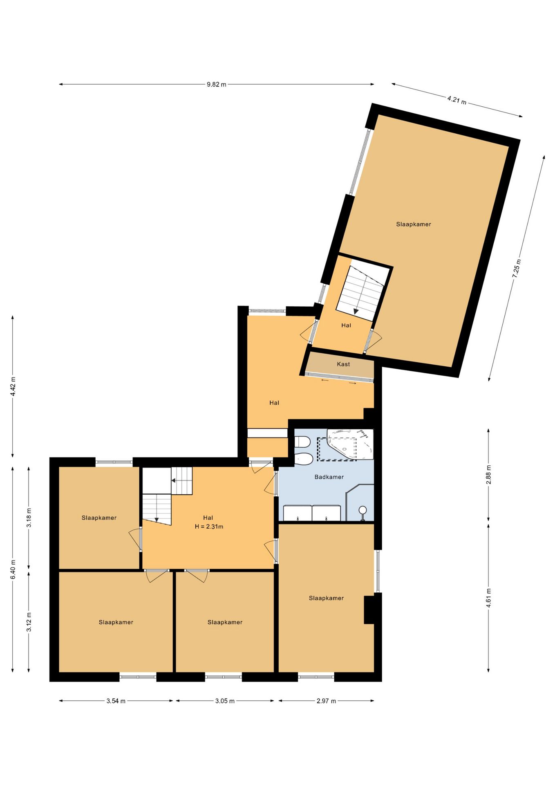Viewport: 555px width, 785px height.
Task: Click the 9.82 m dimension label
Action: [x=216, y=85]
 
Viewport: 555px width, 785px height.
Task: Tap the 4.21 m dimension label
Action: [x=457, y=100]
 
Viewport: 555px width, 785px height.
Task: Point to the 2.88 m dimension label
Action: [x=488, y=475]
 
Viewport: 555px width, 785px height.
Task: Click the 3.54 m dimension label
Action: [x=116, y=701]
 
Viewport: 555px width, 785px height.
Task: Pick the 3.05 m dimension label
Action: [x=225, y=701]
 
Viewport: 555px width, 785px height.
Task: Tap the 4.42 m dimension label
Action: [x=13, y=386]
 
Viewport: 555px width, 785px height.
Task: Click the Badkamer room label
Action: [x=329, y=477]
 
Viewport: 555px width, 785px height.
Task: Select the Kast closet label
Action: [x=343, y=364]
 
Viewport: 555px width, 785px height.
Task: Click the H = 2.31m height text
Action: [x=209, y=527]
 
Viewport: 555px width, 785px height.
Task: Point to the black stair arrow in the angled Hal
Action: [x=356, y=311]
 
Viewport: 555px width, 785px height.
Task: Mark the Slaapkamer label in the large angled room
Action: [x=414, y=224]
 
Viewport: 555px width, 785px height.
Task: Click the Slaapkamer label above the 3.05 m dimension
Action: [x=225, y=622]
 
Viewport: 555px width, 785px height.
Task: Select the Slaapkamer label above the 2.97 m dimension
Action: [x=326, y=598]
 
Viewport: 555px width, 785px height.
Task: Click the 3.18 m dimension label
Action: [x=29, y=518]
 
